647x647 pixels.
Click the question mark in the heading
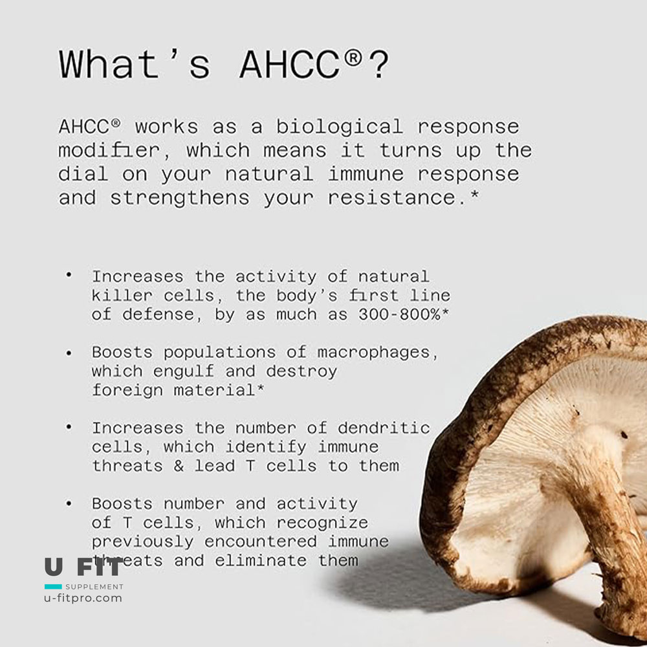tap(378, 64)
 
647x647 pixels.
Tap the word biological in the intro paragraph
tap(339, 127)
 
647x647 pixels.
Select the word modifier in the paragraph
tap(109, 151)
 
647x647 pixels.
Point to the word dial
tap(83, 173)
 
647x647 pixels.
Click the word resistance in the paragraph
tap(391, 197)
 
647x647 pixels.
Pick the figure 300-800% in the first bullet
tap(399, 314)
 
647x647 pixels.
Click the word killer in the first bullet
tap(122, 296)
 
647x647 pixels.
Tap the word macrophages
tap(373, 353)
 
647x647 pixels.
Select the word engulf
tap(184, 372)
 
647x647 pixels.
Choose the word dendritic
tap(384, 428)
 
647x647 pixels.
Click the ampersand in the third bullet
tap(179, 466)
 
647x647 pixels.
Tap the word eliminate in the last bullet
tap(261, 561)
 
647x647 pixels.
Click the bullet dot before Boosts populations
tap(69, 353)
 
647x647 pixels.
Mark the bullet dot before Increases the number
tap(69, 428)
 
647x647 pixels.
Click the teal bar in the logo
tap(53, 586)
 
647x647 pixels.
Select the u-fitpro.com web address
tap(83, 598)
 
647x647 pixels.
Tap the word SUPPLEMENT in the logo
tap(94, 587)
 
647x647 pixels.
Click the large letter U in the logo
tap(54, 567)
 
